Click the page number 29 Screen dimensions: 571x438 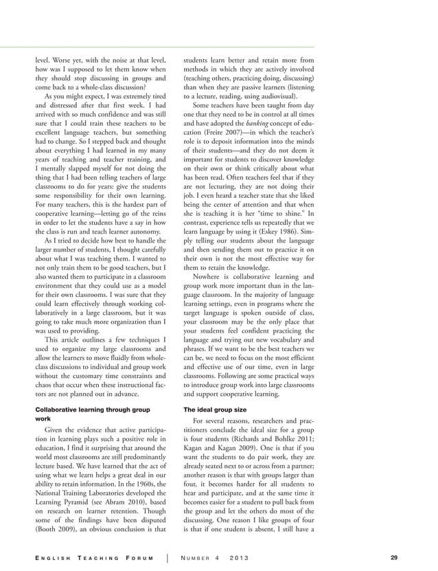(393, 557)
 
